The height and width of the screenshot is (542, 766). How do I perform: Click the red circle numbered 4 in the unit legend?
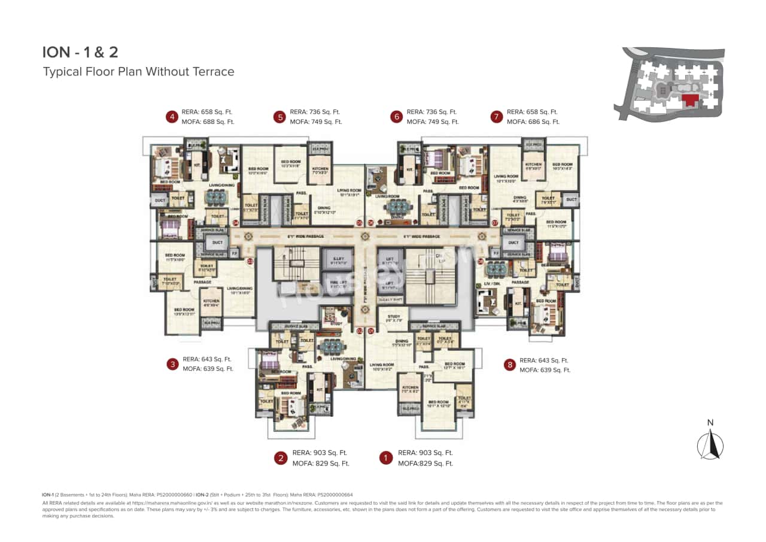pyautogui.click(x=172, y=117)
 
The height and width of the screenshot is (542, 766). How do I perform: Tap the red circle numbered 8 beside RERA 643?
pyautogui.click(x=509, y=365)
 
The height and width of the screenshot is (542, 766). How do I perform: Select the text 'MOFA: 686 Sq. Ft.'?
pyautogui.click(x=533, y=122)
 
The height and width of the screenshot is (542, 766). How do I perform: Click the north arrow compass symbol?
pyautogui.click(x=710, y=443)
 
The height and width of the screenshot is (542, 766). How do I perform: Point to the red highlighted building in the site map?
pyautogui.click(x=691, y=99)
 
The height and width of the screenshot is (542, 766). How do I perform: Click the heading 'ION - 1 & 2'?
pyautogui.click(x=80, y=52)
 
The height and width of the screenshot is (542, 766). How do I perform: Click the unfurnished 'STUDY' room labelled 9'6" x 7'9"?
pyautogui.click(x=393, y=319)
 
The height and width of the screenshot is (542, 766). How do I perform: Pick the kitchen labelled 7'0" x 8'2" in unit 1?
pyautogui.click(x=410, y=390)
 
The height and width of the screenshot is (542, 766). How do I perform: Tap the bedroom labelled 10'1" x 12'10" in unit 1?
pyautogui.click(x=438, y=404)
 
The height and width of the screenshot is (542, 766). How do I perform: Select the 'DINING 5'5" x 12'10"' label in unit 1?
pyautogui.click(x=402, y=343)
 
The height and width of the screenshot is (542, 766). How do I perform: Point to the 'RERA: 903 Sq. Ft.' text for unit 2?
pyautogui.click(x=320, y=453)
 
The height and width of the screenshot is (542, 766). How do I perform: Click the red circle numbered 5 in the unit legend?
pyautogui.click(x=279, y=117)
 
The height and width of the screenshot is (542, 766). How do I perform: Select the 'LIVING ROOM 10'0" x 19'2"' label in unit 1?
pyautogui.click(x=382, y=367)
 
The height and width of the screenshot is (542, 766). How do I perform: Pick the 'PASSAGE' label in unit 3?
pyautogui.click(x=202, y=281)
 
